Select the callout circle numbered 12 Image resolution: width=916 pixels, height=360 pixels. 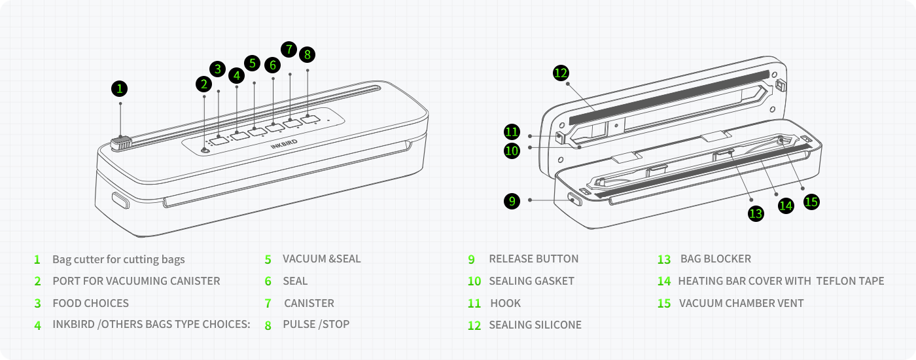click(560, 73)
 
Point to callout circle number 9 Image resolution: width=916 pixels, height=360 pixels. click(512, 201)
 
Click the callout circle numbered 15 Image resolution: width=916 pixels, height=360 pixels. click(811, 202)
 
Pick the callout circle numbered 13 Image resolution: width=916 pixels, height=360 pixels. click(756, 213)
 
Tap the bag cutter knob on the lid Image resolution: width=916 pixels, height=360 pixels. click(121, 142)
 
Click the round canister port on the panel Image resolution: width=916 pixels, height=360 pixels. click(205, 150)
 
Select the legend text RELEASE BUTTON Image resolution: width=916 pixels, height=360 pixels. click(533, 259)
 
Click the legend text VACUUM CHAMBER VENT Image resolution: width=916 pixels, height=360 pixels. click(741, 303)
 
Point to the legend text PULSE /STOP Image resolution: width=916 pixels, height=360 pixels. click(316, 324)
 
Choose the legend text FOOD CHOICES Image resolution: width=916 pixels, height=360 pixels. click(90, 303)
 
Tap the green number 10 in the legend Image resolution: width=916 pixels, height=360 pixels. click(474, 281)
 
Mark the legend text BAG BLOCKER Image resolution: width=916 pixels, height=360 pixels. click(715, 259)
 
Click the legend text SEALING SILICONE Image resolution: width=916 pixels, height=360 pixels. click(535, 325)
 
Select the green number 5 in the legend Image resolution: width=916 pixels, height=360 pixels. click(268, 259)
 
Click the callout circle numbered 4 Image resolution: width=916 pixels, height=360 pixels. click(237, 75)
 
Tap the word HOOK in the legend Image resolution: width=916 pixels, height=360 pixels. click(505, 303)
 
